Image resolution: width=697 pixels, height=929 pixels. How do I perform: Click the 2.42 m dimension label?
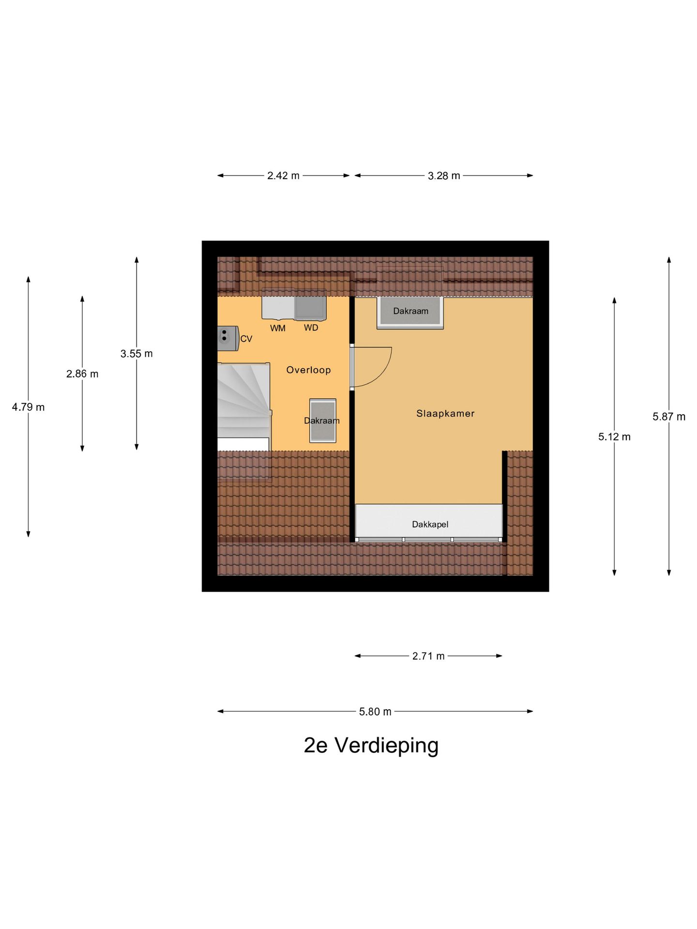pos(283,176)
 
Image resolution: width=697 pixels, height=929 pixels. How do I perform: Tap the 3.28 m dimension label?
pos(444,176)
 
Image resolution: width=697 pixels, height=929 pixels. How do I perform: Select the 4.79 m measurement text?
pos(28,407)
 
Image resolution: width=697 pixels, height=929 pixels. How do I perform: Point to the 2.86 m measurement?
pos(82,374)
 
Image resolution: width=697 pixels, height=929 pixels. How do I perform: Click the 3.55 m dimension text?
pos(136,354)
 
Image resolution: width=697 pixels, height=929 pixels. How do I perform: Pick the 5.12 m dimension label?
pos(614,437)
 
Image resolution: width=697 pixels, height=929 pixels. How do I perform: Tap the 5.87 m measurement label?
pos(669,417)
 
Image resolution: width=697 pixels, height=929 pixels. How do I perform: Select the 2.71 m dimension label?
pos(428,656)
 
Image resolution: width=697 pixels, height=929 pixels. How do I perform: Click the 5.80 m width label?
pos(375,712)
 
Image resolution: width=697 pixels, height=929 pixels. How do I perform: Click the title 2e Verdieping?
pos(371,746)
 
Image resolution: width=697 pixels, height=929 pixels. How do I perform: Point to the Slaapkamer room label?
pos(445,414)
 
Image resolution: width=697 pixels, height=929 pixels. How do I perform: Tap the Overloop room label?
pos(308,370)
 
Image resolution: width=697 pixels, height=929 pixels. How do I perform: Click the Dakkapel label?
pos(430,524)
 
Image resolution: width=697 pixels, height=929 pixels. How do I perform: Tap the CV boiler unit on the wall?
pos(228,338)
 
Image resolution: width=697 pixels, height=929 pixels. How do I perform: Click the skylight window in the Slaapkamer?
pos(410,312)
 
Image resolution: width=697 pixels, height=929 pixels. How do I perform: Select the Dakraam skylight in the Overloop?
pos(323,420)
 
